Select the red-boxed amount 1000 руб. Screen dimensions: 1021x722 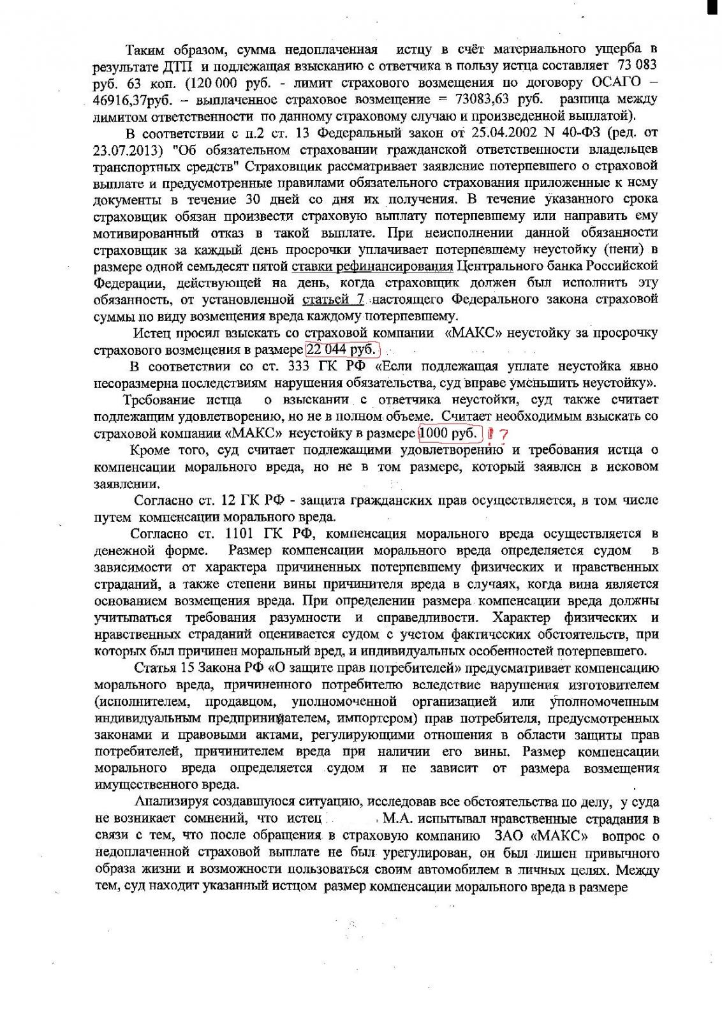450,433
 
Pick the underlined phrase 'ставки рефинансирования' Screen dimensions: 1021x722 372,265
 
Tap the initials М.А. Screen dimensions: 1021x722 398,819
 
